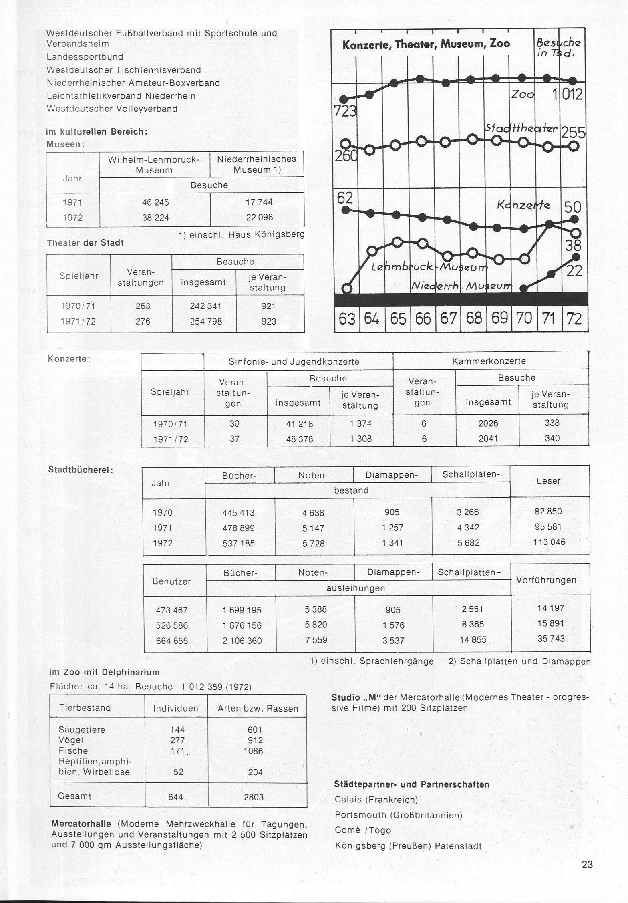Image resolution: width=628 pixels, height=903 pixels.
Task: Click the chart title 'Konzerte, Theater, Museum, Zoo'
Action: tap(426, 44)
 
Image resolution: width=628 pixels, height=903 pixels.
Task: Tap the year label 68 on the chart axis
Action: tap(474, 318)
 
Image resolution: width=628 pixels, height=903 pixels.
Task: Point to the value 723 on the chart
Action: tap(345, 111)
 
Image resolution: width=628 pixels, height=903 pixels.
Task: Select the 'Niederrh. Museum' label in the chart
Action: tap(462, 286)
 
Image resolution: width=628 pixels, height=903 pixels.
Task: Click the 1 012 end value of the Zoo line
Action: tap(568, 95)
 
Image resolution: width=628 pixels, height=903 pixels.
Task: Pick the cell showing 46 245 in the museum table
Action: tap(155, 202)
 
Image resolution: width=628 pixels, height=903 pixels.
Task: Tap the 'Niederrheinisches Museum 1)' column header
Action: tap(256, 164)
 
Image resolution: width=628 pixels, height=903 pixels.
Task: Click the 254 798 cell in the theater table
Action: tap(206, 321)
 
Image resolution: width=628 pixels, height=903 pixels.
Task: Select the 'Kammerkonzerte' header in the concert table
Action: tap(489, 361)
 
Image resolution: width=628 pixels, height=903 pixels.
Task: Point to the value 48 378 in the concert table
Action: tap(300, 439)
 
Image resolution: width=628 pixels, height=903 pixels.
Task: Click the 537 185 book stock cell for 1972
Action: tap(238, 543)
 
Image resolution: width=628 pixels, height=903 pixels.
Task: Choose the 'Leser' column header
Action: tap(548, 481)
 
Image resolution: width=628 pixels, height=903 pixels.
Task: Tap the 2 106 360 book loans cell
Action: tap(242, 641)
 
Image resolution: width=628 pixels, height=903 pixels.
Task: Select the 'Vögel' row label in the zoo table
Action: tap(71, 740)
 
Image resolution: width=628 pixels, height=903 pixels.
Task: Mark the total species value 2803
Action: tap(254, 797)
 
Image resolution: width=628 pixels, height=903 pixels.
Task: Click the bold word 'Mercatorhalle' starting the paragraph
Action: tap(81, 824)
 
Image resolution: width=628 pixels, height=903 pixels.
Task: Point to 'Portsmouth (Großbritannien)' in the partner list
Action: tap(399, 815)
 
